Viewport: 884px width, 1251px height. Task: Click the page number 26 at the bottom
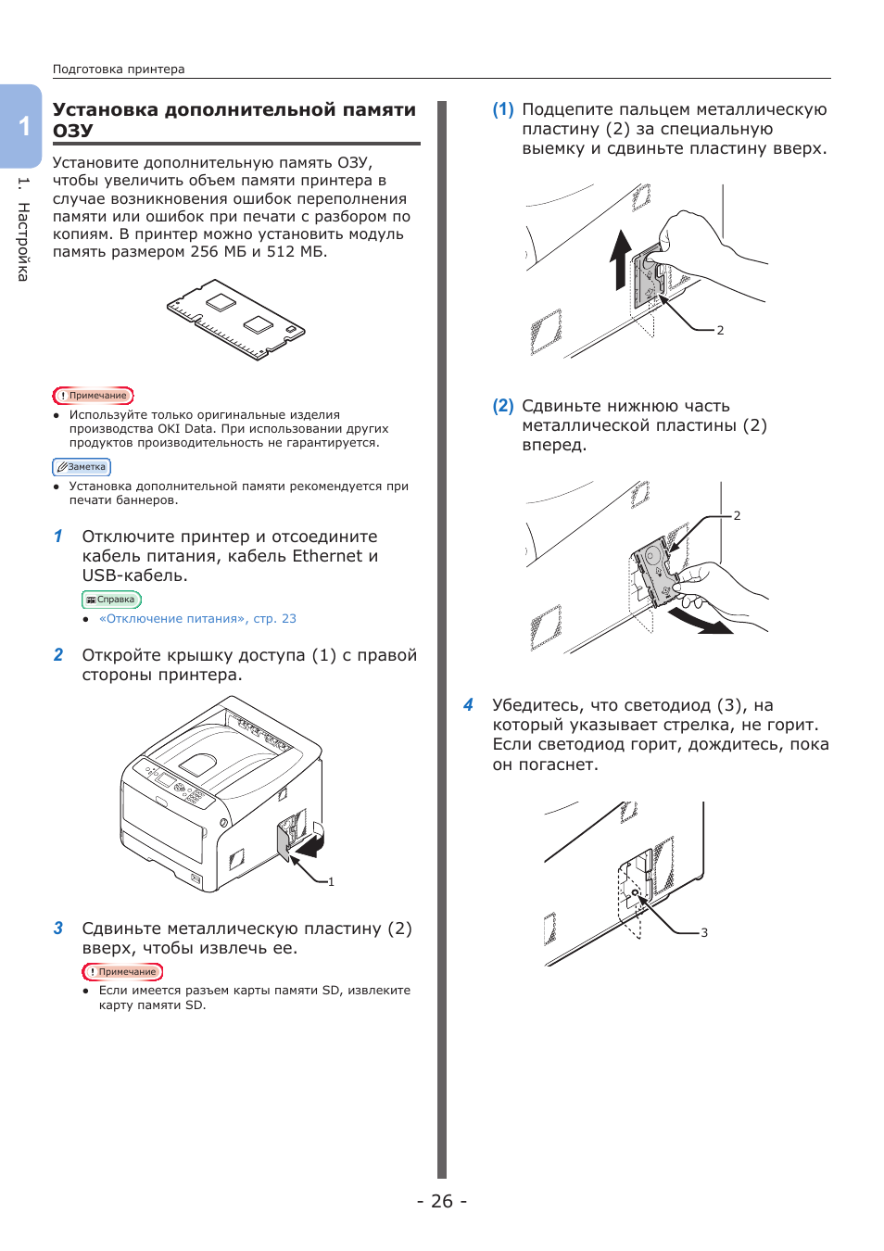point(442,1201)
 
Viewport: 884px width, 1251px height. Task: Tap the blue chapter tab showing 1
point(23,126)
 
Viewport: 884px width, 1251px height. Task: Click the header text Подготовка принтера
point(119,69)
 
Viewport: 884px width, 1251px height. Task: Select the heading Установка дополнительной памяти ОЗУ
point(234,120)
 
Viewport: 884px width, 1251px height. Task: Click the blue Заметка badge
point(82,467)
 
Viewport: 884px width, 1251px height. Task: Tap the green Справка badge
point(111,600)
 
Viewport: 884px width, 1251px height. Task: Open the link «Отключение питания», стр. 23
point(197,619)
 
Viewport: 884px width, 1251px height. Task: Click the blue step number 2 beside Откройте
point(58,655)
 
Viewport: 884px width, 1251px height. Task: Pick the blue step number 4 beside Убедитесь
point(469,705)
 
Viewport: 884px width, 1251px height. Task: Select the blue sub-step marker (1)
point(503,109)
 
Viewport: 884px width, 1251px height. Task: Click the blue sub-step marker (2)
point(503,406)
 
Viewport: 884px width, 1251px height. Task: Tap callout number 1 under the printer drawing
point(331,882)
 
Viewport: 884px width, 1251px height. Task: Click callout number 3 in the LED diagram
point(704,933)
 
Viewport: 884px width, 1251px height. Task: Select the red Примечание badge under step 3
point(122,972)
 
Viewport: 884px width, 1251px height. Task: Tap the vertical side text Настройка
point(23,241)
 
